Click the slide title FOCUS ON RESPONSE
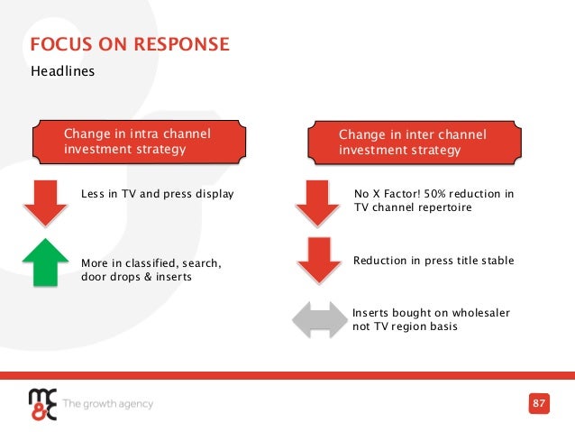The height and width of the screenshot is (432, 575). click(130, 44)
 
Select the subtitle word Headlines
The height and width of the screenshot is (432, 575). click(63, 70)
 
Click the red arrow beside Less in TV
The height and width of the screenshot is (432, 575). click(41, 202)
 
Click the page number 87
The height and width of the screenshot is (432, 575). click(539, 402)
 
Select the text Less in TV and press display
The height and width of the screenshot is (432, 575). click(157, 193)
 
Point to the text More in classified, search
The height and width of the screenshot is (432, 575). click(151, 262)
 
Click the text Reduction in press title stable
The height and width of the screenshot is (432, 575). click(434, 261)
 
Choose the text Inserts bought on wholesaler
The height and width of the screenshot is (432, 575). click(431, 312)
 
